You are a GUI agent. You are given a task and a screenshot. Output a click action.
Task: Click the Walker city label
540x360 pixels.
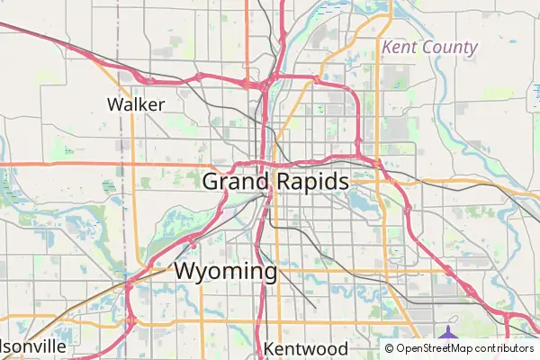coord(136,103)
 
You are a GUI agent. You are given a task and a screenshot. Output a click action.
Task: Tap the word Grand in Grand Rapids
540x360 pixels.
coord(235,182)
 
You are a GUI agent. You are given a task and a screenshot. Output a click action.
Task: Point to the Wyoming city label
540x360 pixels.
coord(225,271)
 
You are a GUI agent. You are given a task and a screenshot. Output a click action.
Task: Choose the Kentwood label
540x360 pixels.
coord(305,348)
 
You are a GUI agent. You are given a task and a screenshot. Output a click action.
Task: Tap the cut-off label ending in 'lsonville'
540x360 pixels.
coord(33,346)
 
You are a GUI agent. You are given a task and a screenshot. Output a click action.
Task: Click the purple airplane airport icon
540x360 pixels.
coord(447,335)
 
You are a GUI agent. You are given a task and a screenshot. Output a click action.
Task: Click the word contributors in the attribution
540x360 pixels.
coord(505,348)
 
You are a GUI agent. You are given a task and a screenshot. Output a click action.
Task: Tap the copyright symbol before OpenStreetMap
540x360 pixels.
coord(390,348)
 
